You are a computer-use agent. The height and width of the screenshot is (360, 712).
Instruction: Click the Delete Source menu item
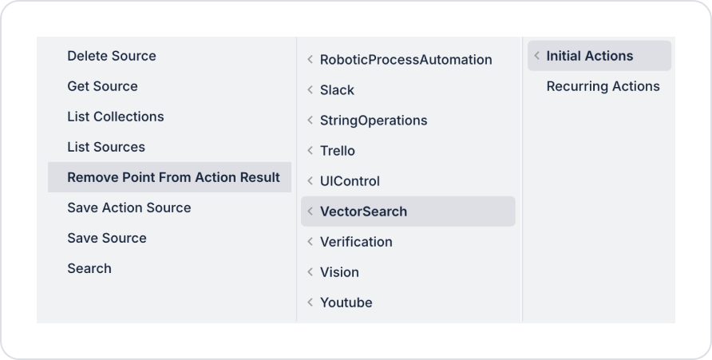(112, 56)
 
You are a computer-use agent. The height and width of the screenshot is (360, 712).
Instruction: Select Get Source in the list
(102, 86)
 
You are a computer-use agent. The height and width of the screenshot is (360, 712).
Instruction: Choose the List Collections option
(116, 117)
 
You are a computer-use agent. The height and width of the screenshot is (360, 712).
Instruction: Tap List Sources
(106, 147)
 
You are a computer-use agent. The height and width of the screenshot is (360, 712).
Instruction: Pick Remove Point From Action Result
(173, 177)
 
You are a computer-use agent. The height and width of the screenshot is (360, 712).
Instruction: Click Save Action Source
(129, 208)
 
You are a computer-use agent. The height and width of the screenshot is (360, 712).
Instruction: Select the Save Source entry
(107, 238)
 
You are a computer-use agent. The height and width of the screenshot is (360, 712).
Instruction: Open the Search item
(89, 268)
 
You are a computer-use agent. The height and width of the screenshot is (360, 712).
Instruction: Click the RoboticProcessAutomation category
(405, 60)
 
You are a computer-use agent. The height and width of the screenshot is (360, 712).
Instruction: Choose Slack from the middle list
(337, 90)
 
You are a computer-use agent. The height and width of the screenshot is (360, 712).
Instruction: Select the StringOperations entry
(374, 121)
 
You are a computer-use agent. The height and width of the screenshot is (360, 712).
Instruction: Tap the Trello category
(338, 151)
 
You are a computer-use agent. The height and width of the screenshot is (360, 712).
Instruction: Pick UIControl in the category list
(350, 181)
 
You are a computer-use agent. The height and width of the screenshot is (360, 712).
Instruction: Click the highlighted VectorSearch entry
(363, 212)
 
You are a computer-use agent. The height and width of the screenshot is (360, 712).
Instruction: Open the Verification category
(356, 242)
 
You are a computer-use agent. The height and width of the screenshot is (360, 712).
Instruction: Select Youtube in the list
(346, 303)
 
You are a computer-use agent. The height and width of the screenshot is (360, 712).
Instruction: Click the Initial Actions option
(590, 56)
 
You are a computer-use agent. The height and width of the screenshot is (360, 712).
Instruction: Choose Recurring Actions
(603, 86)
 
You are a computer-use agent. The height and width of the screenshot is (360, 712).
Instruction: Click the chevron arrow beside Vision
(310, 272)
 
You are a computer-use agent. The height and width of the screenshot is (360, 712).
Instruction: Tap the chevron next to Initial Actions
(536, 56)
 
